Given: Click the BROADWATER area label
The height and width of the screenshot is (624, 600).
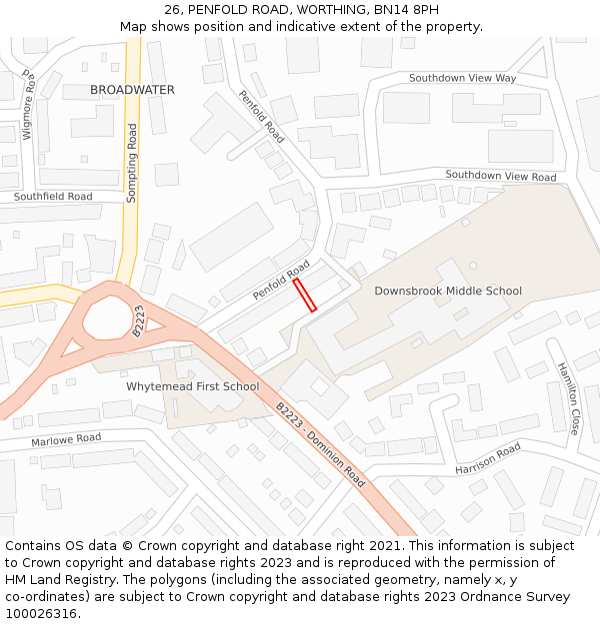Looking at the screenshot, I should click(x=132, y=90).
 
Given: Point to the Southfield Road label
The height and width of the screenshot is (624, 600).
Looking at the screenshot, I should click(x=53, y=197).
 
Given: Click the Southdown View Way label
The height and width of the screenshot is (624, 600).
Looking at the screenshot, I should click(x=462, y=78).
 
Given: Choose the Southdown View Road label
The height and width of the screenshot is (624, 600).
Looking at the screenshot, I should click(x=500, y=176).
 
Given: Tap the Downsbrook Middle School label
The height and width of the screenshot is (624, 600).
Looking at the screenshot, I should click(x=448, y=292).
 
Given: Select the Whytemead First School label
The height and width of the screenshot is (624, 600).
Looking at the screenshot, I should click(x=192, y=386).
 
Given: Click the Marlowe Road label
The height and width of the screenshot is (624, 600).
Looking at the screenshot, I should click(x=66, y=438).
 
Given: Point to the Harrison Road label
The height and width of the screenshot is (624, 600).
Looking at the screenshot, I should click(x=488, y=459).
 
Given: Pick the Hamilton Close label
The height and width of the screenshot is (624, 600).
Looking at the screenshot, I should click(x=567, y=397).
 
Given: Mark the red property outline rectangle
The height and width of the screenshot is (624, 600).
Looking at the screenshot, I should click(x=305, y=296).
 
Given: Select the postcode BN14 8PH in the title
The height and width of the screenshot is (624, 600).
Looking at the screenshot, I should click(x=411, y=10).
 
